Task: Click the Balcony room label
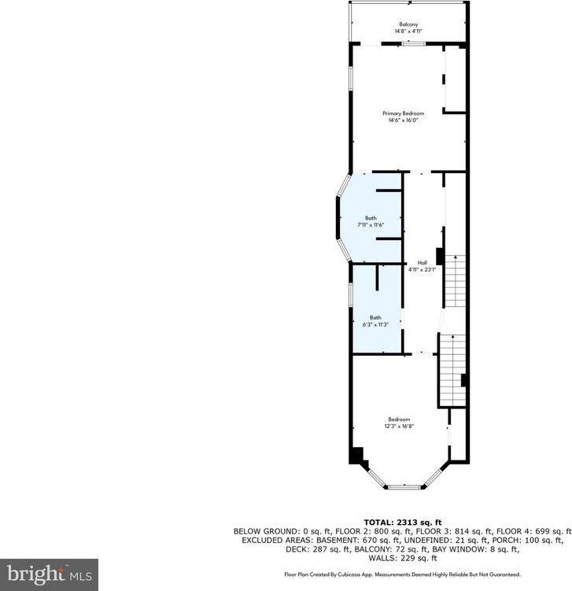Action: [408, 24]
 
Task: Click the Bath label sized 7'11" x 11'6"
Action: [371, 218]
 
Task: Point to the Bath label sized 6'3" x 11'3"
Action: [375, 317]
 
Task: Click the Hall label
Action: [422, 263]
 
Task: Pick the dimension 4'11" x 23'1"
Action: [422, 270]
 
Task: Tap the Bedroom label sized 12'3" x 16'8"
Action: [399, 419]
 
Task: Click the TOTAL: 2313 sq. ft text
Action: [403, 523]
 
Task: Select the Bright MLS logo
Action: [49, 574]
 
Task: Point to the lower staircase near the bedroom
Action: [452, 370]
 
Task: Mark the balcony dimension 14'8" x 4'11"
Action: [408, 31]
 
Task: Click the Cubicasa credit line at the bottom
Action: [402, 575]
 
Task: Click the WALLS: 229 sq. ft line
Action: [403, 558]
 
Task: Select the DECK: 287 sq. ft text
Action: [266, 549]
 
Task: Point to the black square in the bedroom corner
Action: [358, 456]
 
